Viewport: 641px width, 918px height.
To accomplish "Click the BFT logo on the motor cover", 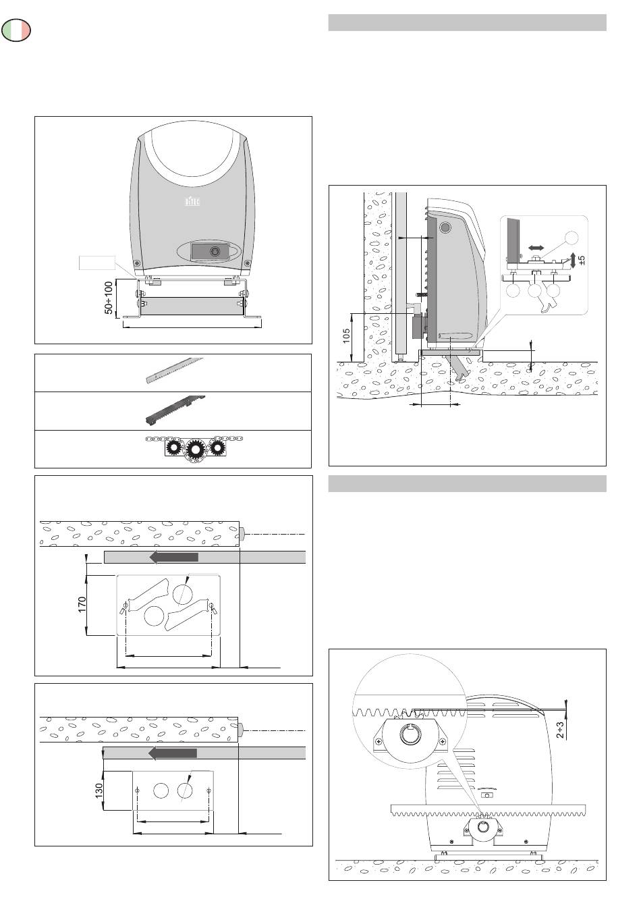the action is click(x=193, y=201).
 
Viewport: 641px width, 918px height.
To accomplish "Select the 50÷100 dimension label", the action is click(x=108, y=297).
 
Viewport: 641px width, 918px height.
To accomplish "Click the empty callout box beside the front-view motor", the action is click(x=96, y=263).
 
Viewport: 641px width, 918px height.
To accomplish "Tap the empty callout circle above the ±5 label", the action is click(x=572, y=238).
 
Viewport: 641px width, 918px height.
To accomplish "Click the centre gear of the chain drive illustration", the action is click(x=195, y=448).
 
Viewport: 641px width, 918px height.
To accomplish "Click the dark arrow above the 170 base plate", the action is click(x=174, y=557).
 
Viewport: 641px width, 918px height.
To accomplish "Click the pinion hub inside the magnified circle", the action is click(x=411, y=735).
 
